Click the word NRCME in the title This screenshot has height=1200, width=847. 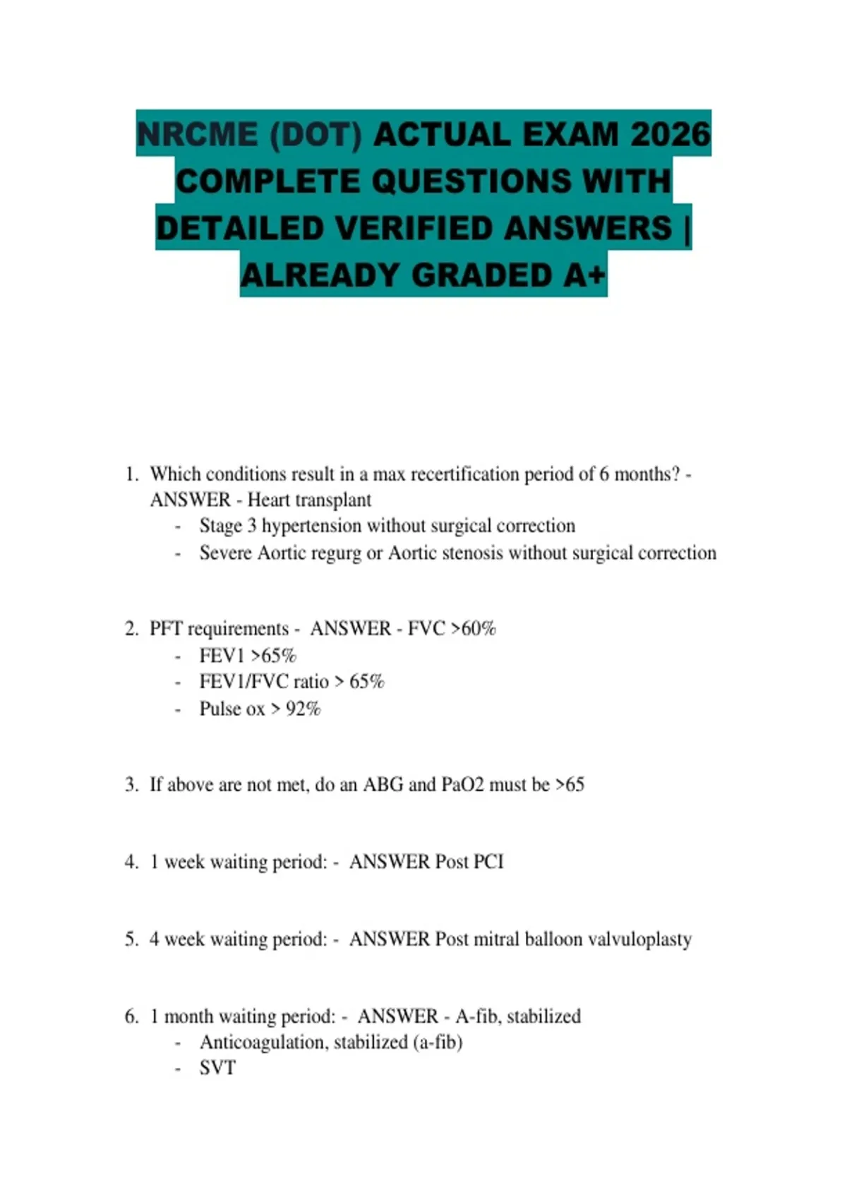197,134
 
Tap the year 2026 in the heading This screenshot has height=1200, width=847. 670,134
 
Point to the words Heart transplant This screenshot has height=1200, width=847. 309,500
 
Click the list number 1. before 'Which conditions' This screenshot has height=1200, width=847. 132,474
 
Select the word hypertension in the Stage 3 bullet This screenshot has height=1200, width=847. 311,526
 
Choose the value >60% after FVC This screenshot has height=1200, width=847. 472,628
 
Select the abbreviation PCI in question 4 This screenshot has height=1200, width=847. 488,861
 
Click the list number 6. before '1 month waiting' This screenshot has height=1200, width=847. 132,1016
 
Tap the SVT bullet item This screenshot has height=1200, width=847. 217,1068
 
